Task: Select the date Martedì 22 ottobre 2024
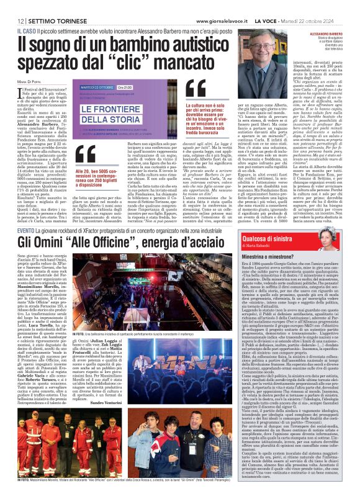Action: (328, 6)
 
